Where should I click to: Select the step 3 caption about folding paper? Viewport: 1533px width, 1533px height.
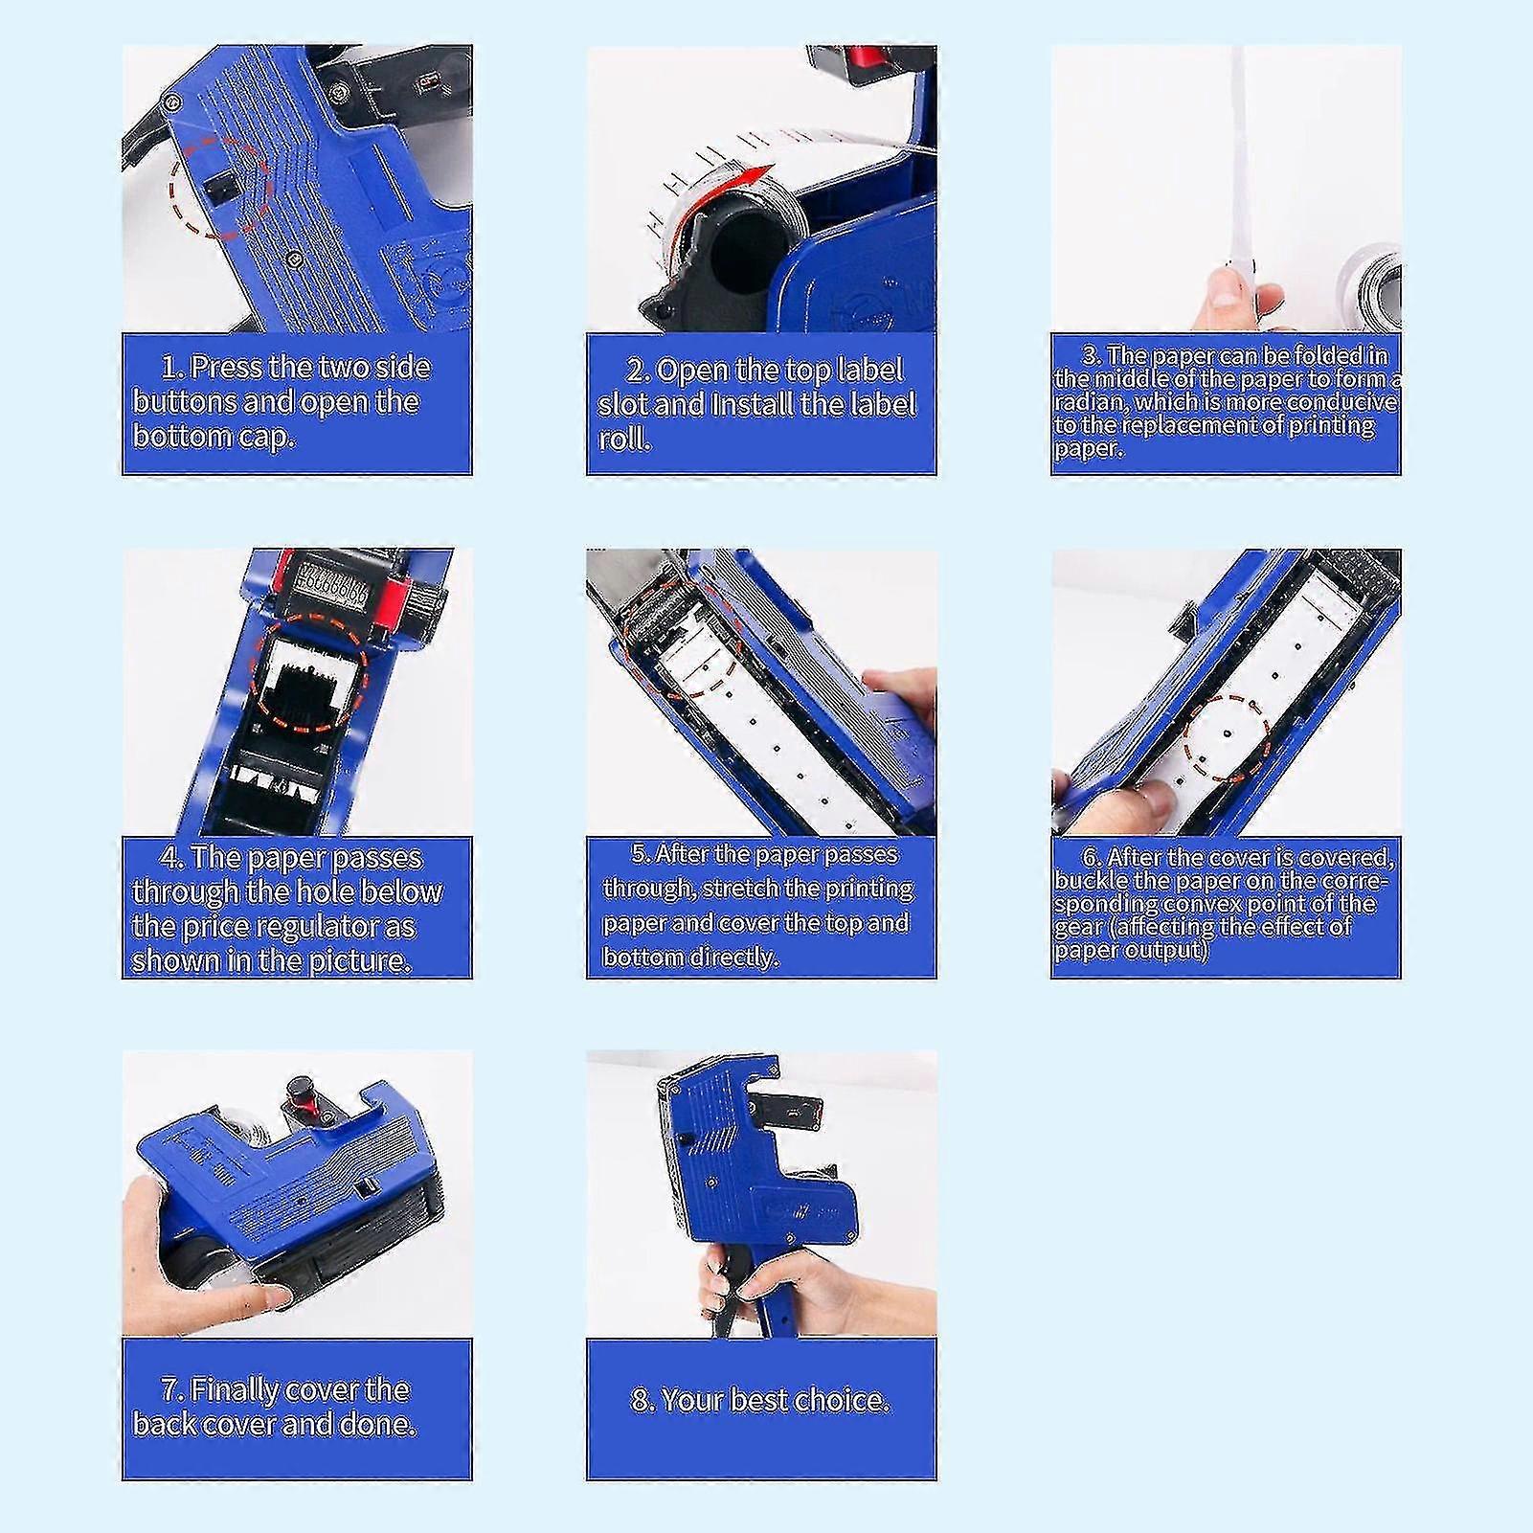tap(1225, 402)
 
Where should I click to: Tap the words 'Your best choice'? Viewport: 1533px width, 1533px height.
tap(760, 1400)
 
